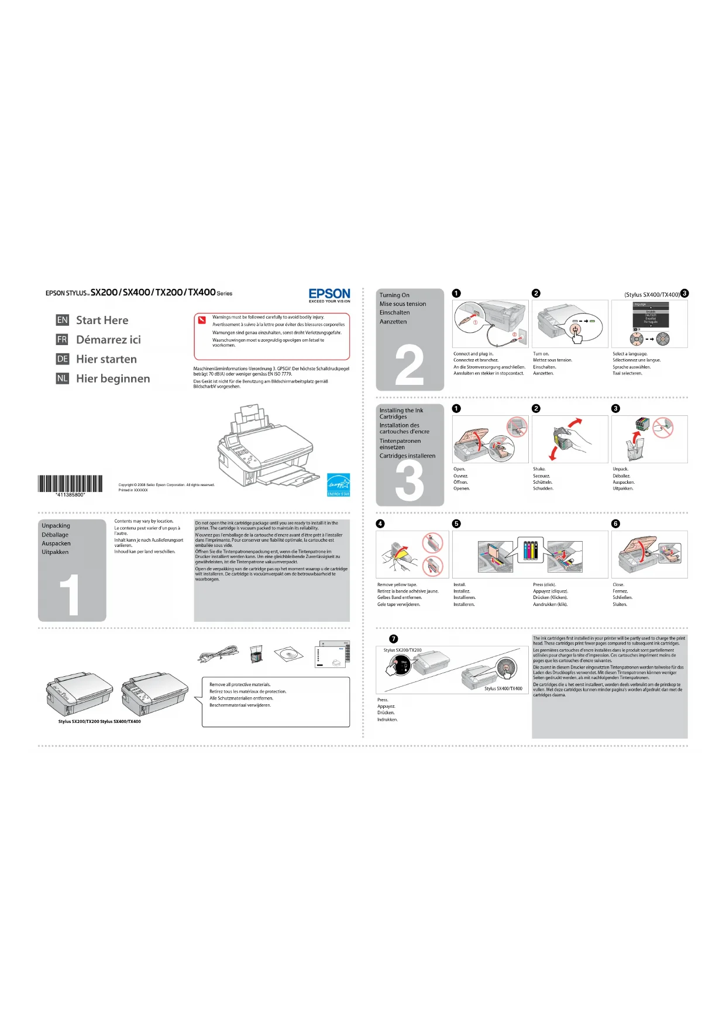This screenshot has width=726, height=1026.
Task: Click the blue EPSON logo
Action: [x=329, y=294]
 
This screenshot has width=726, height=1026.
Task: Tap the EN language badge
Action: [x=63, y=320]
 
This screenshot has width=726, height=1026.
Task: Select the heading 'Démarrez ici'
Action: [x=108, y=340]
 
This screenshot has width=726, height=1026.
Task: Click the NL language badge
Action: [x=63, y=378]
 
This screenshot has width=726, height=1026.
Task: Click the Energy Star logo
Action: [x=338, y=484]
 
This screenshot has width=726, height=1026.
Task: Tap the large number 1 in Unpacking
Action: [x=70, y=594]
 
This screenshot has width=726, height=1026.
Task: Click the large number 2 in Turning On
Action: [x=410, y=365]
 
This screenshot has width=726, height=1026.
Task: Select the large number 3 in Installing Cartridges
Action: [x=410, y=481]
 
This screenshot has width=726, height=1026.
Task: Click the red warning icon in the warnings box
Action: [x=202, y=319]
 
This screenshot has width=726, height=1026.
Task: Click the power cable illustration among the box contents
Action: [x=218, y=654]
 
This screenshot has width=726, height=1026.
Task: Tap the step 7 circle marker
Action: [x=394, y=639]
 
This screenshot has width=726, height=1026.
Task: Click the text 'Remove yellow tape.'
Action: [x=397, y=584]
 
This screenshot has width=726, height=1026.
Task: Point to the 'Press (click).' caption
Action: [x=544, y=584]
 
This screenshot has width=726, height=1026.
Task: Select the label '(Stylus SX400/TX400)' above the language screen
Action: [x=652, y=295]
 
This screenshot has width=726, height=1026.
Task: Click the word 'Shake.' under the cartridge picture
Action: [x=539, y=469]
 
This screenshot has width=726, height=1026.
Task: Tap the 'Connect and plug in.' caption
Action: [x=473, y=354]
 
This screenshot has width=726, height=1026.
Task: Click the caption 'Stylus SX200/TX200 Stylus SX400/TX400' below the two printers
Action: [x=99, y=721]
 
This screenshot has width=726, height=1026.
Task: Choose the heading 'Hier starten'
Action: [x=106, y=359]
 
